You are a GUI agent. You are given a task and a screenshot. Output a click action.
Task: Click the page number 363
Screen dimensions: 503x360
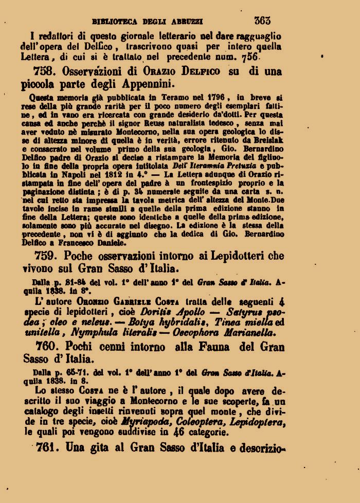click(262, 21)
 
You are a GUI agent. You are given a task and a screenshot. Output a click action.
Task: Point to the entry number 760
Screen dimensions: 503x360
click(48, 347)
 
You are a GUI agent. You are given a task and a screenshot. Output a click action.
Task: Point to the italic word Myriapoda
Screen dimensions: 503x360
click(147, 422)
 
